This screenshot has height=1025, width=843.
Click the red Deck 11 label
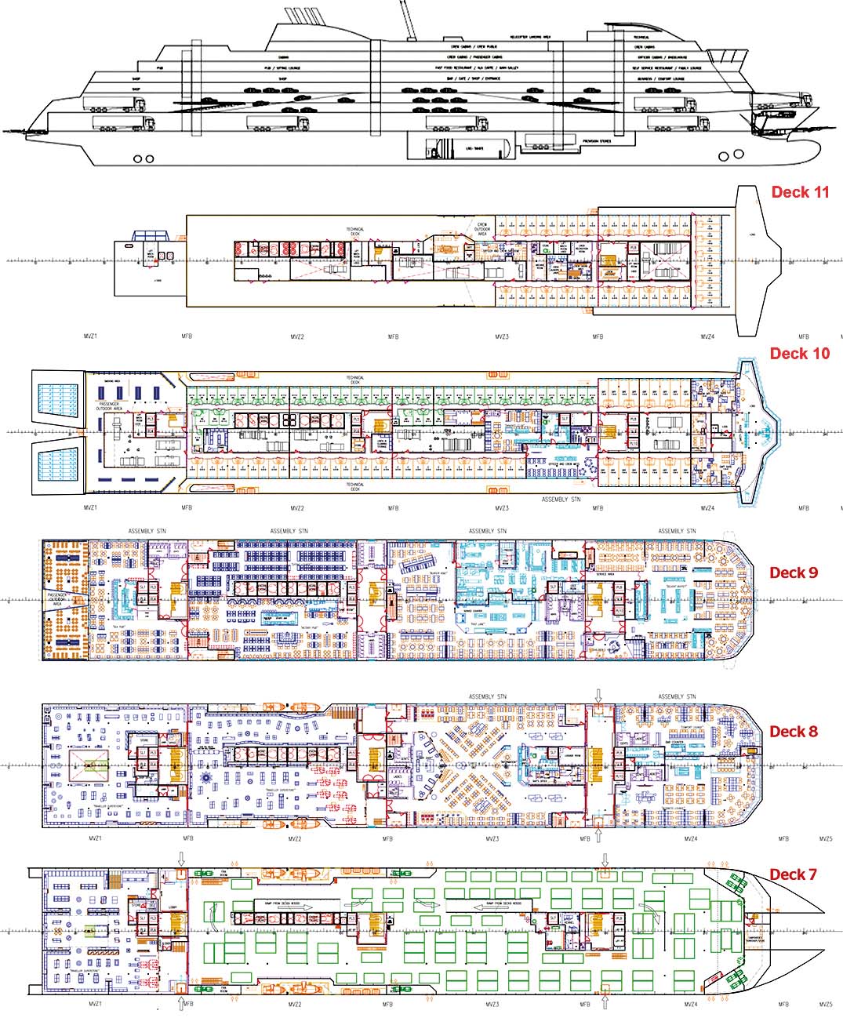[x=800, y=192]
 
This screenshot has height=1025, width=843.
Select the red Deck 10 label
[x=799, y=354]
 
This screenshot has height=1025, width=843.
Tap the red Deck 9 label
[x=793, y=572]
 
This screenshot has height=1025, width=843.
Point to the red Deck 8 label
[x=793, y=732]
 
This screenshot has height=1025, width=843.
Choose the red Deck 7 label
[x=793, y=874]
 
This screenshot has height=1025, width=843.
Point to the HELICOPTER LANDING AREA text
[x=529, y=37]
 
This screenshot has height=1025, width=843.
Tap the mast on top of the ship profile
[x=407, y=20]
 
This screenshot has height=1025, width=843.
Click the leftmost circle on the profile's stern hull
[x=138, y=159]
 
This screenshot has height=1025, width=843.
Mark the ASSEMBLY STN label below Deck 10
[x=561, y=500]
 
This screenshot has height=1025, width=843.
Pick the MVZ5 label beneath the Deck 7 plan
[x=825, y=1005]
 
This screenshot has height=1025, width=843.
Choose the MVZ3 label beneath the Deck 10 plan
[x=502, y=508]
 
